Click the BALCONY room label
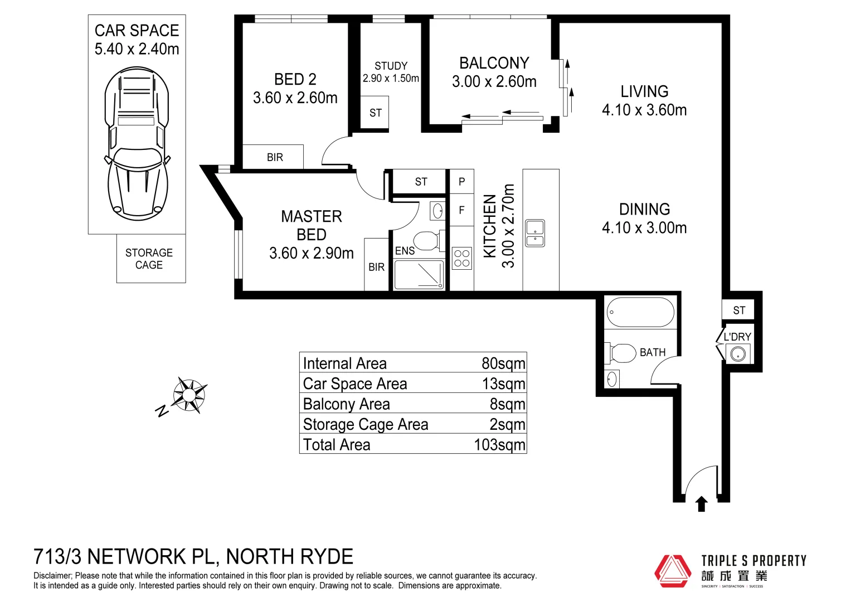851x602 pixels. [x=494, y=63]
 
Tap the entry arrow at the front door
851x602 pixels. [x=702, y=504]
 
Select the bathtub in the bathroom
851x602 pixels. [x=640, y=312]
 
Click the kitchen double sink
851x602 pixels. [x=535, y=234]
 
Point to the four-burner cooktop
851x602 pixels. [x=461, y=258]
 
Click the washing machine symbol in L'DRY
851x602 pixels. [x=738, y=354]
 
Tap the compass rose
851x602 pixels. [x=188, y=395]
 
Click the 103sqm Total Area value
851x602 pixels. [x=499, y=445]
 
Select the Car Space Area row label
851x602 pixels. [x=355, y=384]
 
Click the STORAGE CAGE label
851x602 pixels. [x=149, y=259]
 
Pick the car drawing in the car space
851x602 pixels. [x=137, y=143]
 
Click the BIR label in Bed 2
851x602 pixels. [x=275, y=157]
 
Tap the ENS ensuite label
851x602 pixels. [x=405, y=251]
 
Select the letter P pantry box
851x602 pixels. [x=461, y=182]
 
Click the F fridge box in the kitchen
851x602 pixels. [x=461, y=210]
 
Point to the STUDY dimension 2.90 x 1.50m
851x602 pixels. [x=391, y=79]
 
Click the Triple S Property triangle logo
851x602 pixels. [x=673, y=571]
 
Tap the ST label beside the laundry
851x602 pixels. [x=739, y=310]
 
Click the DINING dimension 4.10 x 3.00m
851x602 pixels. [x=644, y=227]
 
